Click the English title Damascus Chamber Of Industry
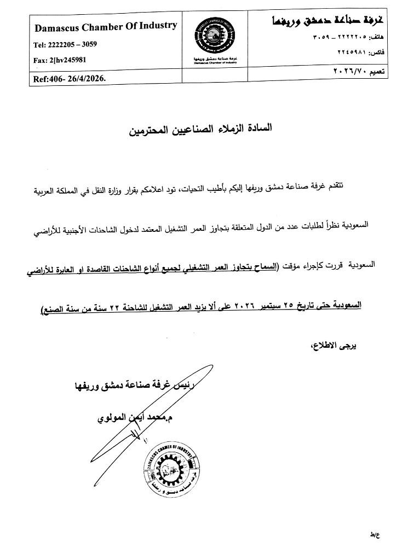pyautogui.click(x=106, y=26)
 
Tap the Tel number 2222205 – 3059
pyautogui.click(x=58, y=45)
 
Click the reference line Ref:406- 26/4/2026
pyautogui.click(x=70, y=78)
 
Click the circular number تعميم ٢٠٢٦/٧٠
pyautogui.click(x=359, y=72)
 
